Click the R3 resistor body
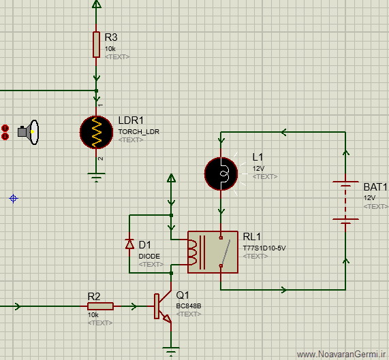96,45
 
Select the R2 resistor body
100,306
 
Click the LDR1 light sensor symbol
96,132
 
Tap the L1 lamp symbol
221,174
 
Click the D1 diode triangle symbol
129,244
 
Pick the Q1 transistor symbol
163,306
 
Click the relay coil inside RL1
193,252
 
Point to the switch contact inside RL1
225,252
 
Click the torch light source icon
29,132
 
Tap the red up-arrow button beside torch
5,129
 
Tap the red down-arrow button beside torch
5,136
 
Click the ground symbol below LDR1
96,177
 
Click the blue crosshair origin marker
14,199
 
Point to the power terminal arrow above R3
97,4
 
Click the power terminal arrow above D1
171,178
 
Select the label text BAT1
375,187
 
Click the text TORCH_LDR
139,131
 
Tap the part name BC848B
189,306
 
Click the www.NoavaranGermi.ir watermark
342,355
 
